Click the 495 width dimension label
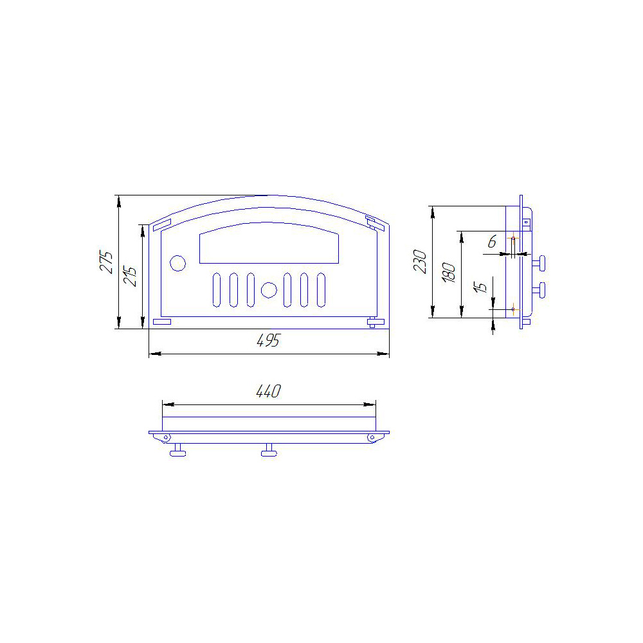click(269, 340)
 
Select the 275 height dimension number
click(106, 262)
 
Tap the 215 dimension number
click(130, 276)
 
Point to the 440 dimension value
click(269, 391)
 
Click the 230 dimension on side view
click(421, 262)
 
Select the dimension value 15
click(480, 287)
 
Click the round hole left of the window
click(177, 263)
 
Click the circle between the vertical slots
click(269, 290)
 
